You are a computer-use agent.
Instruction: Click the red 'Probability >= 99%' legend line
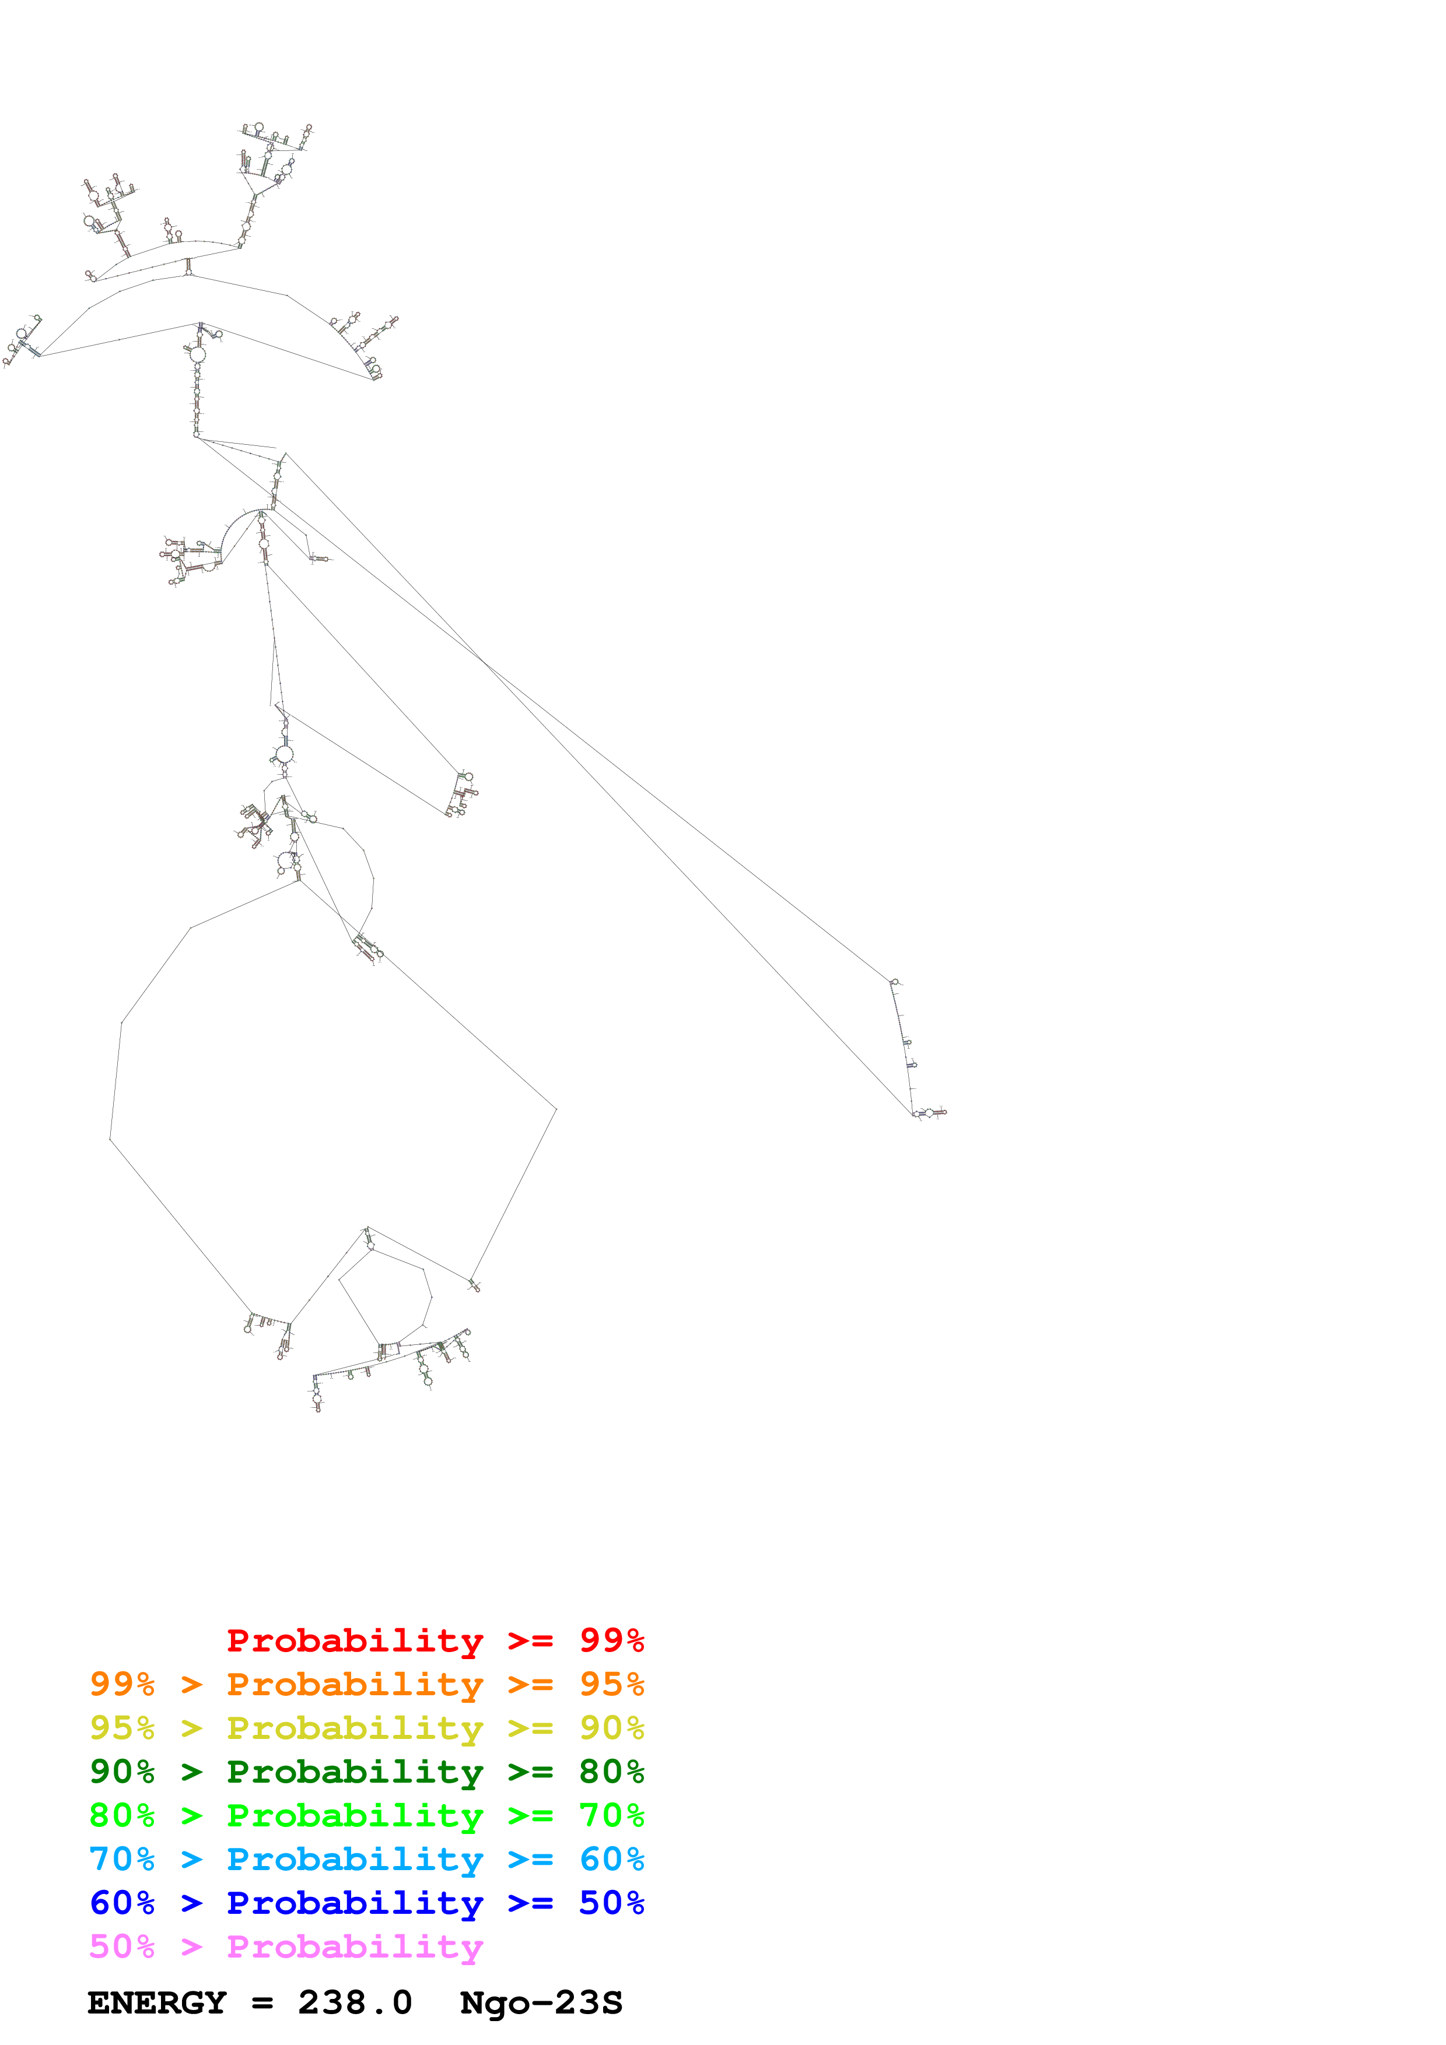point(435,1640)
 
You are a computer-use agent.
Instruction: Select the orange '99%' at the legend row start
point(122,1684)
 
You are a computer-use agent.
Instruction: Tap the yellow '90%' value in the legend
point(611,1728)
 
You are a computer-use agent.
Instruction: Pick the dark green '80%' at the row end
point(611,1772)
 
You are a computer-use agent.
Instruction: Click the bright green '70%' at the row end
point(611,1815)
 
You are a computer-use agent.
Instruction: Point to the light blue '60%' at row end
point(611,1859)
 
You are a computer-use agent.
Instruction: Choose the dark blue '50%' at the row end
point(611,1903)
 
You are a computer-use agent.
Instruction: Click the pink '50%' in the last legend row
point(122,1946)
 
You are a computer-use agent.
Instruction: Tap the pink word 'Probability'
point(355,1946)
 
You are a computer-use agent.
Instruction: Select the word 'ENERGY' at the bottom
point(157,2003)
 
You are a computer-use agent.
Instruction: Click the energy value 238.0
point(355,2003)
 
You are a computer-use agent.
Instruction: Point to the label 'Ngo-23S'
point(541,2003)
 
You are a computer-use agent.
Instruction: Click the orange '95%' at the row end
point(611,1684)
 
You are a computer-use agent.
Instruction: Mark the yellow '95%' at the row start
point(122,1728)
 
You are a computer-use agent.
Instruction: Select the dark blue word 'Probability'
point(355,1903)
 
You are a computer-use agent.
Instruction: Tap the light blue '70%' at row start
point(122,1859)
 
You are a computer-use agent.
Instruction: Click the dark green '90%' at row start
point(122,1772)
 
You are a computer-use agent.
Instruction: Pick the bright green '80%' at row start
point(122,1815)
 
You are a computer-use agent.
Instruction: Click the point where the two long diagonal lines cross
point(482,660)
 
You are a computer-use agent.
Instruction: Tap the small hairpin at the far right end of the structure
point(931,1112)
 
